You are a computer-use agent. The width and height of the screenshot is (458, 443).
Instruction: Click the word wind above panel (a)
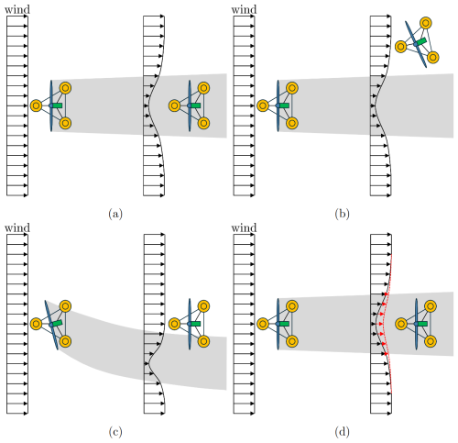[17, 10]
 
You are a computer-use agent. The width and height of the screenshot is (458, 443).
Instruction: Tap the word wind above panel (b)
[244, 10]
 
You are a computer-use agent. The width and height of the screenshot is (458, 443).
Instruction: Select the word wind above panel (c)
[17, 228]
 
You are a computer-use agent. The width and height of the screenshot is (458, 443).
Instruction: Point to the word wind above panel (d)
[244, 228]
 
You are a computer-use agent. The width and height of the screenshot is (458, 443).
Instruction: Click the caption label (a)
[115, 214]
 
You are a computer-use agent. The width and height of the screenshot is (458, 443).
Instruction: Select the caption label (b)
[342, 214]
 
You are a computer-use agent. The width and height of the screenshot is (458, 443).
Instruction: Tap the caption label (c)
[115, 432]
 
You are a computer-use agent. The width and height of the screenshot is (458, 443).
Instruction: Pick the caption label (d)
[342, 432]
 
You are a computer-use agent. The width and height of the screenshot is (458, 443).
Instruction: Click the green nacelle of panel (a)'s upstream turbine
[57, 105]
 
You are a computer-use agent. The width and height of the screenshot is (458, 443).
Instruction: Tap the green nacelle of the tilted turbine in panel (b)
[421, 42]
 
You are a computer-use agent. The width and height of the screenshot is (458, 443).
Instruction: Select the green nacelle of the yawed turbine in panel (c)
[57, 323]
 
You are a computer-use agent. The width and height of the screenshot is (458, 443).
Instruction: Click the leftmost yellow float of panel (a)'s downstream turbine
[174, 105]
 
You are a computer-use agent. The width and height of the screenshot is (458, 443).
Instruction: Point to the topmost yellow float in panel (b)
[426, 23]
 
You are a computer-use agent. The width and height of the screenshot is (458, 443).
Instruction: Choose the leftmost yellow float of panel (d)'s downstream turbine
[401, 324]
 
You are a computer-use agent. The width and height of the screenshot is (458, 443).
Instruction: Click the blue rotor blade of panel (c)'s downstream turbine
[190, 324]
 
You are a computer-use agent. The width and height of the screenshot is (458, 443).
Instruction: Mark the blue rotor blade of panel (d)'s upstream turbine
[278, 324]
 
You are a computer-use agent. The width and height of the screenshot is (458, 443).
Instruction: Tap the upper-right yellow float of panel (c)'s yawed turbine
[65, 306]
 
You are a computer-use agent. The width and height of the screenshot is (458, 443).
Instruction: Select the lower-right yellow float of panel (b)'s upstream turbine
[292, 123]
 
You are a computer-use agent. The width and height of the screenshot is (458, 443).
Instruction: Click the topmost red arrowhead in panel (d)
[386, 293]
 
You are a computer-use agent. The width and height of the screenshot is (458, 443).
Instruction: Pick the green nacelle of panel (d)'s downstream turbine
[422, 324]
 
